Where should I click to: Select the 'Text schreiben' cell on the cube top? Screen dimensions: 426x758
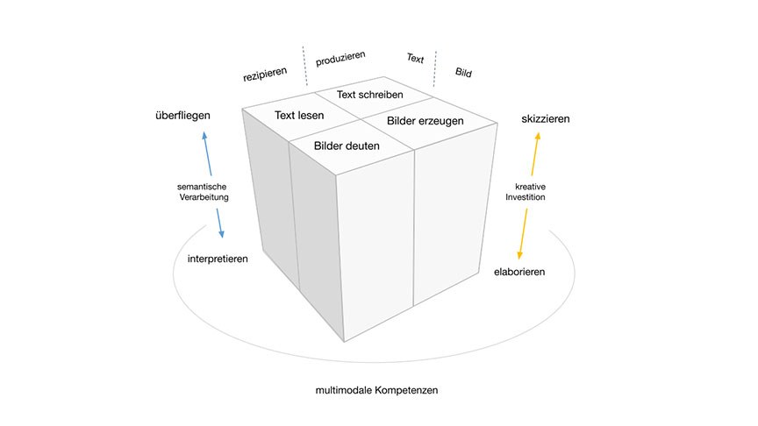pos(370,94)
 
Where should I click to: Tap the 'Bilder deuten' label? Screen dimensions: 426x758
pos(347,146)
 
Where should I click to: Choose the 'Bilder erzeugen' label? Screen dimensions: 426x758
pos(425,122)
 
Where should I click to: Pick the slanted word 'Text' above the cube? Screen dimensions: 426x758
pos(415,59)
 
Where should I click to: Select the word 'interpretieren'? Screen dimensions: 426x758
pos(218,259)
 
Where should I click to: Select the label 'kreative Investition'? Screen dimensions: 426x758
pos(526,192)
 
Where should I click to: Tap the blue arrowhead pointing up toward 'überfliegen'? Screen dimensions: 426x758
pos(204,136)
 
